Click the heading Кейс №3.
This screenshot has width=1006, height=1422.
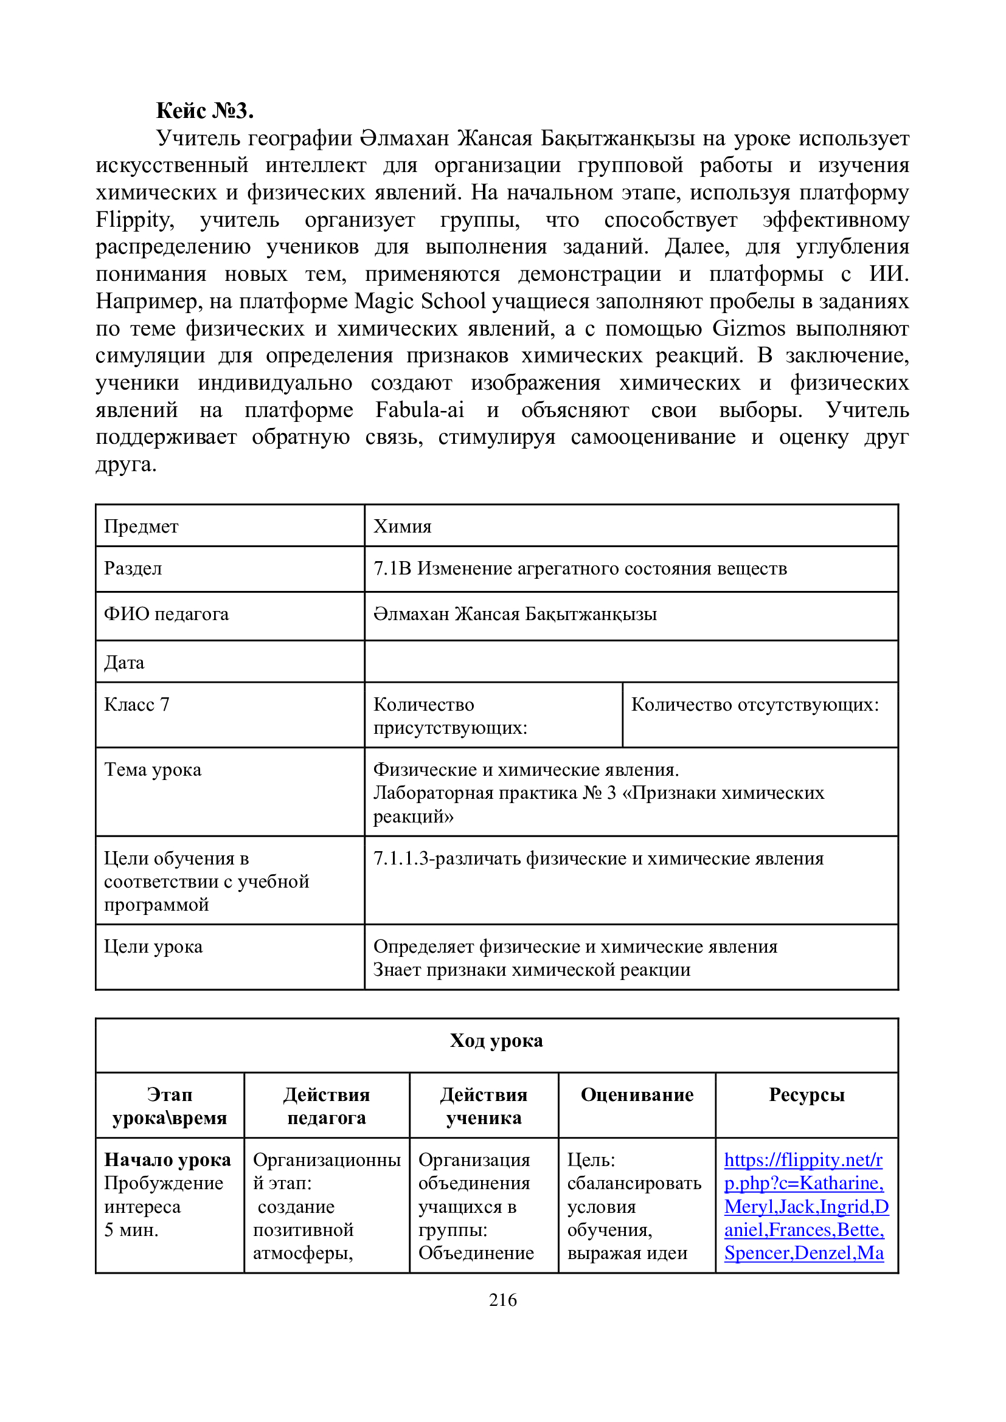click(x=204, y=111)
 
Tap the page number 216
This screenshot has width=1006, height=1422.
click(x=502, y=1299)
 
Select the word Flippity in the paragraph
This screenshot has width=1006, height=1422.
click(x=134, y=220)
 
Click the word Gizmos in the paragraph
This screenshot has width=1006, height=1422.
click(x=748, y=328)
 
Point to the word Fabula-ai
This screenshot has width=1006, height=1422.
click(x=420, y=410)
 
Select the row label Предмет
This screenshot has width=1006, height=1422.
click(x=141, y=526)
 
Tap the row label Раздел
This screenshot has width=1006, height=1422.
click(x=133, y=568)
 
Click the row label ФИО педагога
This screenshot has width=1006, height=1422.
click(x=166, y=614)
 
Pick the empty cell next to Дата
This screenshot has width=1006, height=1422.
click(x=631, y=662)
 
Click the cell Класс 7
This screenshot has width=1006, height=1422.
click(x=137, y=705)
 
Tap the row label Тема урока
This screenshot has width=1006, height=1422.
click(x=153, y=770)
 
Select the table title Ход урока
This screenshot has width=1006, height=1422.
click(x=496, y=1041)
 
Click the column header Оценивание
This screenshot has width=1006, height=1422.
click(x=637, y=1095)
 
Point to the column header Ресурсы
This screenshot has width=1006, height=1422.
click(x=807, y=1095)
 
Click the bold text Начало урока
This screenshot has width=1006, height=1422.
click(x=167, y=1159)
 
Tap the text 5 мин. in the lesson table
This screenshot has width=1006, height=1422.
click(x=131, y=1229)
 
